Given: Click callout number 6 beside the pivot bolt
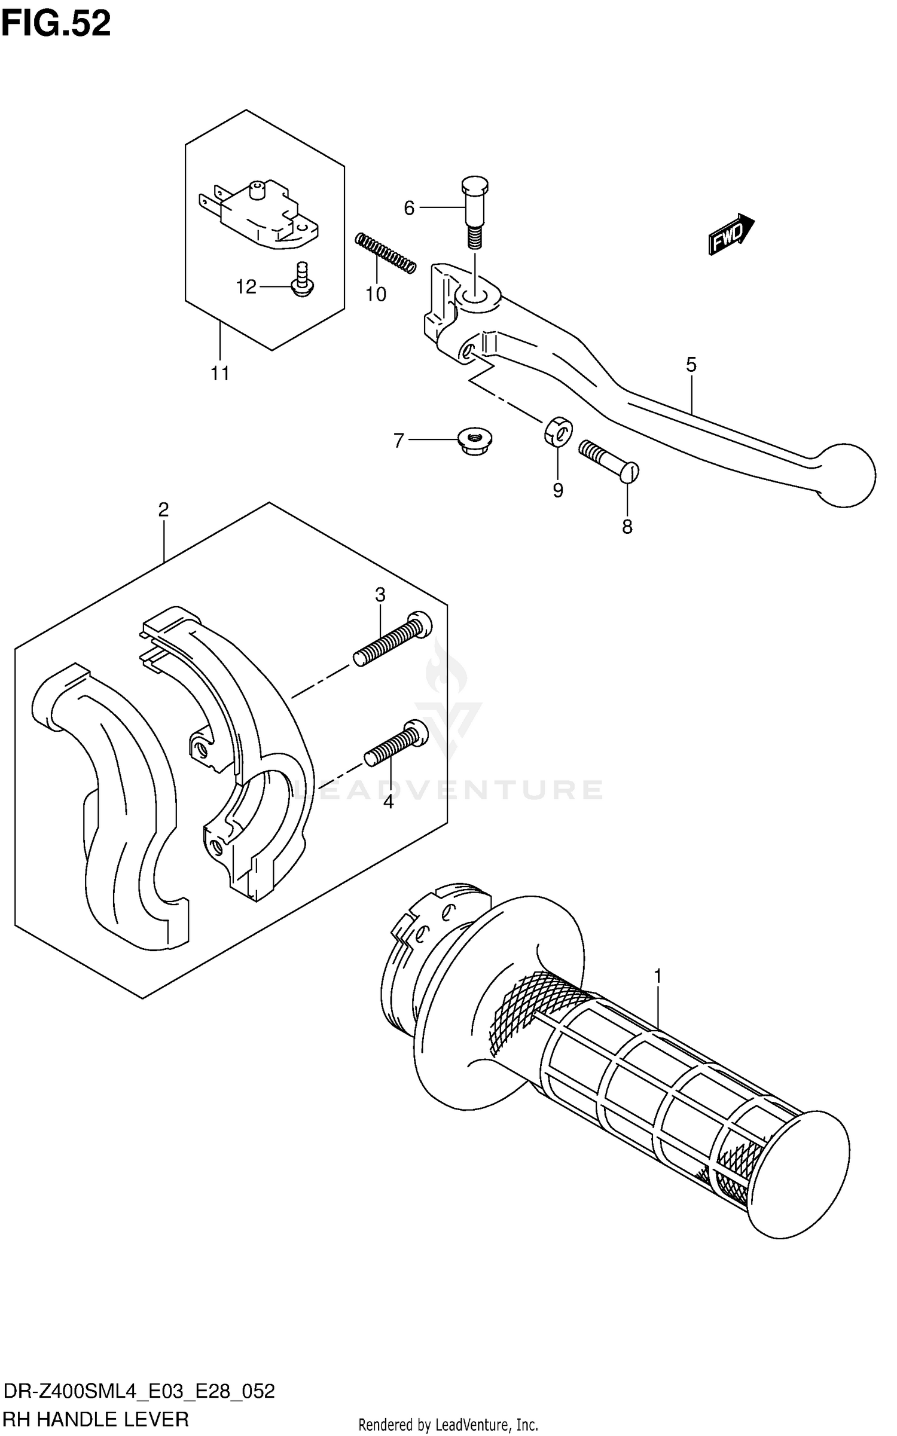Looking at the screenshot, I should pos(409,208).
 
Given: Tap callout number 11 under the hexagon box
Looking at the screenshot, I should pos(220,374).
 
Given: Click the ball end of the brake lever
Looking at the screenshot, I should pos(846,475).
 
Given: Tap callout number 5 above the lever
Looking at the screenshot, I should pos(691,364).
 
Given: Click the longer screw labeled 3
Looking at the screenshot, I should pos(392,641).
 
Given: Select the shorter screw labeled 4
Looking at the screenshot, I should pos(397,743).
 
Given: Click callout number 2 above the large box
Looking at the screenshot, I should pos(163,509).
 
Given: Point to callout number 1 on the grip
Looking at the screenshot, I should pos(658,976).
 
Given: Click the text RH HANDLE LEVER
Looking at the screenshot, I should pos(96,1418).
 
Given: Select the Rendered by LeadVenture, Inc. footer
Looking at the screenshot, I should pos(448,1425).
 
